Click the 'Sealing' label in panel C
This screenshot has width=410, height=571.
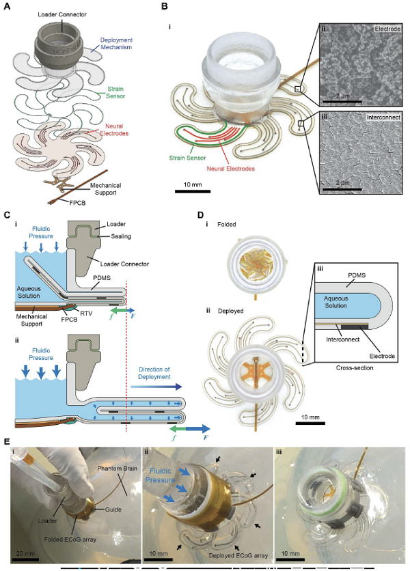pos(125,236)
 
